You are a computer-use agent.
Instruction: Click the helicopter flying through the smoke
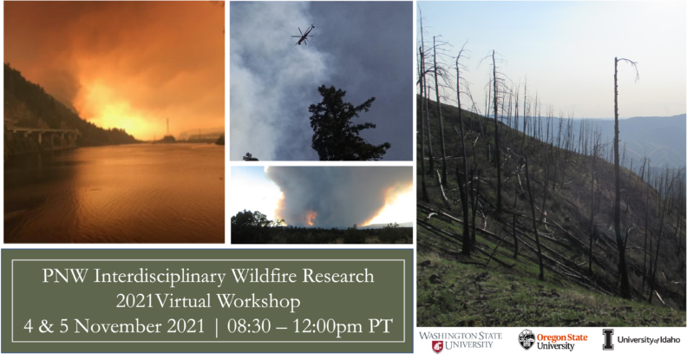point(304,34)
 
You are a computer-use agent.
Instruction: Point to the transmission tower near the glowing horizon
point(167,128)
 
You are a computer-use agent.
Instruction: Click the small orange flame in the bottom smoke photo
point(310,217)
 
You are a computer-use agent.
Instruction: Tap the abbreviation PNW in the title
point(63,277)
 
